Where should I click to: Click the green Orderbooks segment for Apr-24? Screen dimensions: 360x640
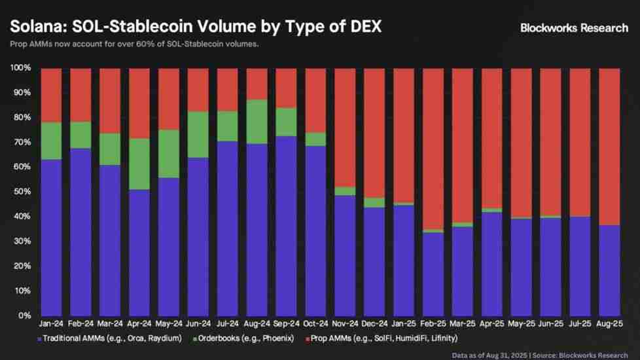point(139,164)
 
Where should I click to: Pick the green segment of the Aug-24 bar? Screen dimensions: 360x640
point(256,122)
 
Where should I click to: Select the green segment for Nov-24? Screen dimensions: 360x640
point(344,191)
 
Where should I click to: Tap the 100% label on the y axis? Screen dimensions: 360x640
point(21,68)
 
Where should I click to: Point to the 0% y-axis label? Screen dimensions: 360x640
point(25,315)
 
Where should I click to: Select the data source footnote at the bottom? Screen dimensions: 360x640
point(546,354)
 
